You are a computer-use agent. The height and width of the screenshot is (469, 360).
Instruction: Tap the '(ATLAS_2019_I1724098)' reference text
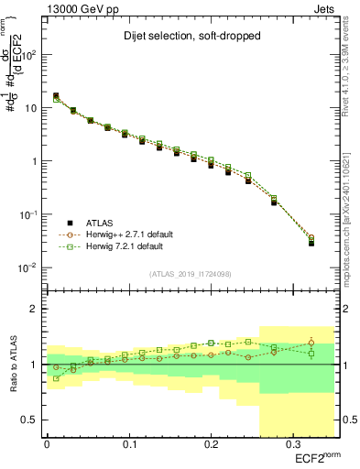coord(191,273)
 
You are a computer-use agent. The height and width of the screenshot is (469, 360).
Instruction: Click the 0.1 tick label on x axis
coord(128,445)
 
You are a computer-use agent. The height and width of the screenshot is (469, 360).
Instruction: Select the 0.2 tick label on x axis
coord(210,445)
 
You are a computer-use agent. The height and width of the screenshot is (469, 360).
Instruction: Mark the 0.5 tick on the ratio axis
coord(31,420)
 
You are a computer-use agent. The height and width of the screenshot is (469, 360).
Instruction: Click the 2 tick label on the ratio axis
coord(35,309)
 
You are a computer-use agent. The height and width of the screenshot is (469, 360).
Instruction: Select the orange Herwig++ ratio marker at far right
coord(311,343)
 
